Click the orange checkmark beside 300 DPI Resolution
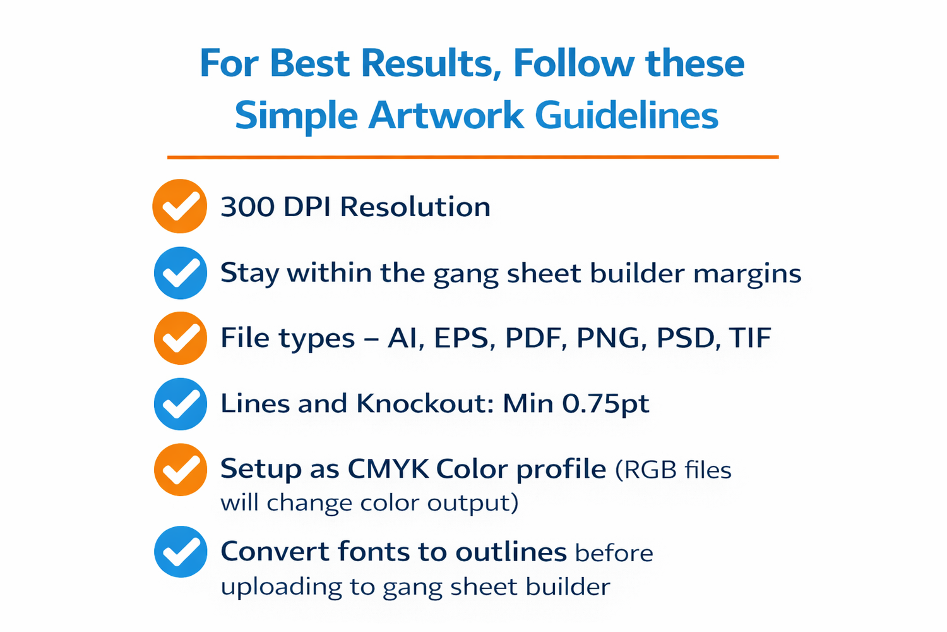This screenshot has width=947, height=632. tap(180, 206)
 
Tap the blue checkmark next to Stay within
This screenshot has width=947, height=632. tap(181, 273)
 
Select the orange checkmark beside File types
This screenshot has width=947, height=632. tap(181, 338)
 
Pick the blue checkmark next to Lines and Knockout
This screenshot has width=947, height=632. tap(181, 404)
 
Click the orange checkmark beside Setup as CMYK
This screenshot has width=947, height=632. tap(181, 470)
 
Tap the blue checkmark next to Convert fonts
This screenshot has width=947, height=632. tap(181, 552)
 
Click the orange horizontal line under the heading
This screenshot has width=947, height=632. tap(473, 157)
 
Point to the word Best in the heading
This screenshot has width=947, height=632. tap(310, 63)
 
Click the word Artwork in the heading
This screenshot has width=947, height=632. tap(446, 115)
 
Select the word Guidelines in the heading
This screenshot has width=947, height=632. tap(626, 114)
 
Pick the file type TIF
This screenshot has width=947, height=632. tap(750, 337)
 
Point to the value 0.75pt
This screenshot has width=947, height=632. tap(605, 404)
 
